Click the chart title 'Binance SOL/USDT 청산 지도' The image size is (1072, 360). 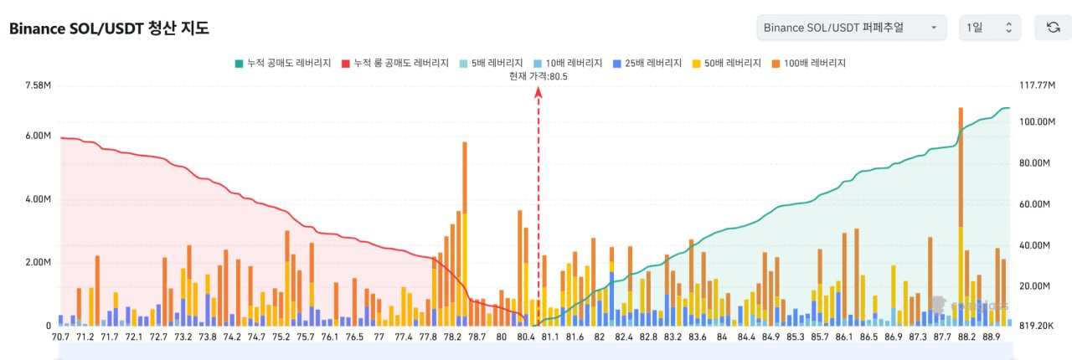[x=109, y=28]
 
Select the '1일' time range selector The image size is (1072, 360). [x=989, y=28]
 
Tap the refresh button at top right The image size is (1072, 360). [x=1053, y=28]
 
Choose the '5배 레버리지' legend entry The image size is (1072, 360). [x=492, y=63]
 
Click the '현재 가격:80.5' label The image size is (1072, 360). [x=539, y=76]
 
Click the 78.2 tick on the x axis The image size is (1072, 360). [x=452, y=337]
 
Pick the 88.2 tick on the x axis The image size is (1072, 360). [x=966, y=337]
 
